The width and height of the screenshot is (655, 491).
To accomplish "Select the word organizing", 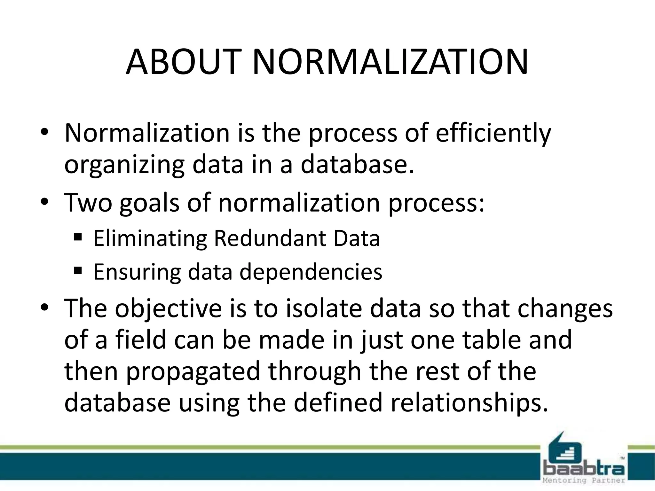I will (124, 166).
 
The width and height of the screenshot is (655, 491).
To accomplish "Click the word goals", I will (149, 203).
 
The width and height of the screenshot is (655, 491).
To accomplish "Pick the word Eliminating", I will (150, 238).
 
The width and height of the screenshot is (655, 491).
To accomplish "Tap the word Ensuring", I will (136, 272).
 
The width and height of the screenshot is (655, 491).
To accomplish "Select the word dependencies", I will (311, 272).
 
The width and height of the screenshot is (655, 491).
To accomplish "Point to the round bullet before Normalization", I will (44, 133).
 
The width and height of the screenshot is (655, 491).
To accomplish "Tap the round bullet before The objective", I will (44, 308).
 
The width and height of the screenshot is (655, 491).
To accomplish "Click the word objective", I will (168, 309).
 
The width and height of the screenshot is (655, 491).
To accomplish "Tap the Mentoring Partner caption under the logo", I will (584, 480).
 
